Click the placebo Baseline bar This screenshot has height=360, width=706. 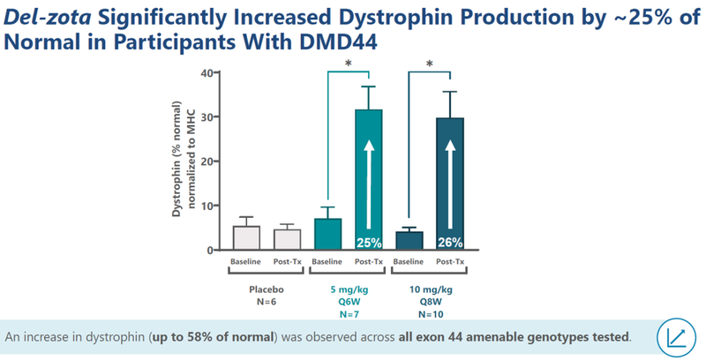pyautogui.click(x=246, y=238)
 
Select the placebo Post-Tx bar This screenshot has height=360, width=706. pyautogui.click(x=287, y=240)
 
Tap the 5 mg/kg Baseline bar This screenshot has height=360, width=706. pyautogui.click(x=327, y=235)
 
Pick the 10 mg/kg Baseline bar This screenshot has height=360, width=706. pyautogui.click(x=409, y=241)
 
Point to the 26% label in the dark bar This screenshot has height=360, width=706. pyautogui.click(x=449, y=243)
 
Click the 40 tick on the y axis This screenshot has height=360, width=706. pyautogui.click(x=207, y=72)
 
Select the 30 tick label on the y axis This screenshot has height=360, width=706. pyautogui.click(x=207, y=117)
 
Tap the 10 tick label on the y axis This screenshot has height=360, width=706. pyautogui.click(x=207, y=206)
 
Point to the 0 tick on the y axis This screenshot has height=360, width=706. pyautogui.click(x=210, y=251)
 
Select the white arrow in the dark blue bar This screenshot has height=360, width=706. pyautogui.click(x=449, y=176)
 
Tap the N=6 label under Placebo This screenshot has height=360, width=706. pyautogui.click(x=267, y=301)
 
